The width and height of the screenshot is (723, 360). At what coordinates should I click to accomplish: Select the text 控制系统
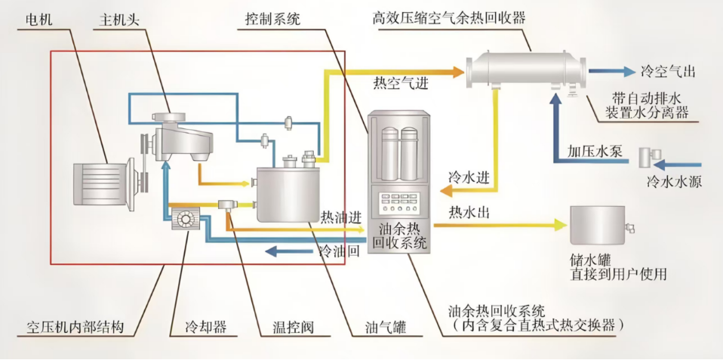272,19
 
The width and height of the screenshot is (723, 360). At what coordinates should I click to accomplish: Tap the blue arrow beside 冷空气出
612,72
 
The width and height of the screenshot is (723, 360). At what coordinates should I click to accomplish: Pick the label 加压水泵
595,149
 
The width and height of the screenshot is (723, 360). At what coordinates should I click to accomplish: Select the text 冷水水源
674,181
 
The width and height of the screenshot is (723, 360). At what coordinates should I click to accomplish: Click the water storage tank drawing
599,224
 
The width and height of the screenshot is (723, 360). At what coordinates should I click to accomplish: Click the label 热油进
340,217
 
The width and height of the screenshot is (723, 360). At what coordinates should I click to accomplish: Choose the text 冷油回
338,251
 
